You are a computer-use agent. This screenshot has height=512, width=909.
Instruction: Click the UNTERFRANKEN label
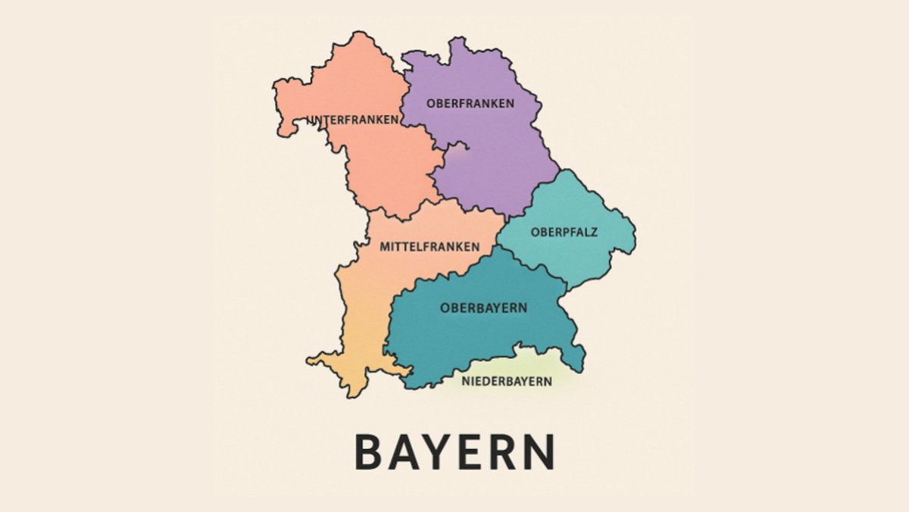tap(353, 120)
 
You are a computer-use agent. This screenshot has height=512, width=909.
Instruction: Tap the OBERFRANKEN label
tap(470, 103)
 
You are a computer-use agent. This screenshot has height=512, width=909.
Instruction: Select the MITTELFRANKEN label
tap(430, 247)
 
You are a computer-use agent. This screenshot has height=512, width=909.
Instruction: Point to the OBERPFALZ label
tap(564, 232)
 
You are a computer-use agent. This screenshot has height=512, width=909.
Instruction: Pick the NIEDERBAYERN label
tap(507, 381)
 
